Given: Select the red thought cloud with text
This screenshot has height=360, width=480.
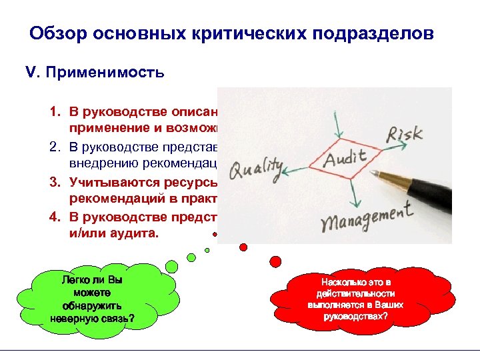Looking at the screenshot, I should (359, 297).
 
